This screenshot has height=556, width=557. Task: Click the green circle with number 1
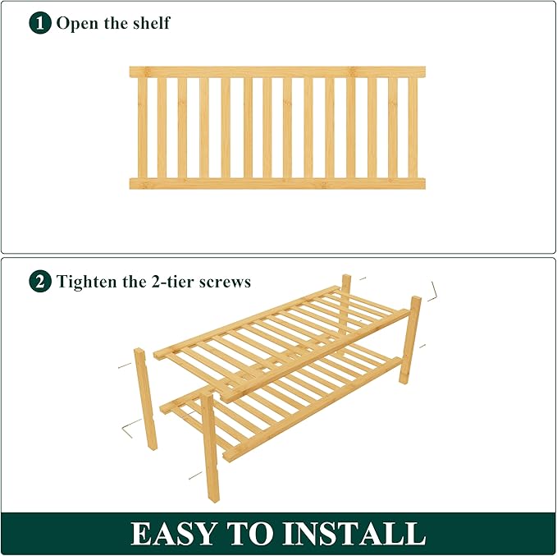point(40,22)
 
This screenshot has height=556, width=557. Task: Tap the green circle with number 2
point(40,282)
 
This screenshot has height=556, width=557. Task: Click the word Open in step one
point(75,23)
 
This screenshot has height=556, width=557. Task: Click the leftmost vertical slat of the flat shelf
point(142,127)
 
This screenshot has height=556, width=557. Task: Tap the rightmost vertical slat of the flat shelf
point(413,127)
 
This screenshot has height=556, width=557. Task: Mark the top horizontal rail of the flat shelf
point(277,72)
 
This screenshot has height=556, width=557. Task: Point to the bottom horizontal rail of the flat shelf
point(277,183)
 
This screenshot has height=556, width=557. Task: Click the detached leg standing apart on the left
point(145,398)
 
